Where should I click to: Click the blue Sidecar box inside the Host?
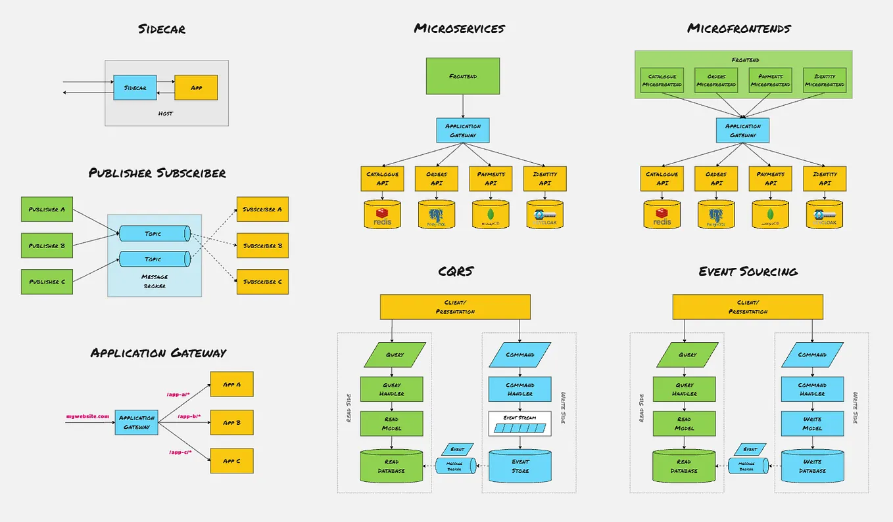point(135,87)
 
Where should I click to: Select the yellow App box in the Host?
point(196,87)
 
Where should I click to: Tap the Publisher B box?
point(47,246)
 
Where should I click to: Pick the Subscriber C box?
point(262,282)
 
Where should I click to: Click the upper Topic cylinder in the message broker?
point(154,234)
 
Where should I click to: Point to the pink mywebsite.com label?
point(87,416)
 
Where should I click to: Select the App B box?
point(231,422)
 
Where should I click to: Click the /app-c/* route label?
point(180,452)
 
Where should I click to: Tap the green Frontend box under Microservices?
point(463,76)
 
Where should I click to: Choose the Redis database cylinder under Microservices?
point(383,215)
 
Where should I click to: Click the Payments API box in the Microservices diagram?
point(491,179)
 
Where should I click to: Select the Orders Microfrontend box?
point(716,80)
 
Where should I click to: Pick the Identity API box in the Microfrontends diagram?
point(825,179)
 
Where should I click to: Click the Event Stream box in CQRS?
point(519,424)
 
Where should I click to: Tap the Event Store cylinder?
point(519,466)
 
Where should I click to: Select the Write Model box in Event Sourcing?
point(812,424)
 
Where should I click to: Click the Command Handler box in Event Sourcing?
point(812,389)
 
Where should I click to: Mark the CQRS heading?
point(456,271)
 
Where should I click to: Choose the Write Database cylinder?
point(812,466)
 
